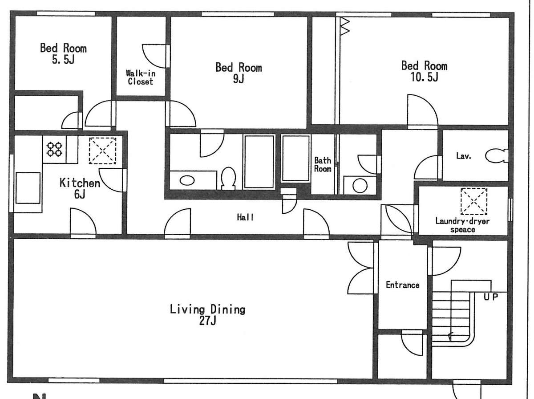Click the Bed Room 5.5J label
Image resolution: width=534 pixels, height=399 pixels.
point(63,53)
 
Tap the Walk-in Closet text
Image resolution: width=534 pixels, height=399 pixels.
point(140,77)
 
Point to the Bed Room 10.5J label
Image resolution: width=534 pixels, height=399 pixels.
point(424,72)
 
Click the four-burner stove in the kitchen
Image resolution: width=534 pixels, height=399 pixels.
point(55,149)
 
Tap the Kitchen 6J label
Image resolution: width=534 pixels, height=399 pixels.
point(80,188)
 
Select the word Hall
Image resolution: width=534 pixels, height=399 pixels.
point(245,217)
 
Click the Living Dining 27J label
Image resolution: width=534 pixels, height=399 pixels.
point(207,314)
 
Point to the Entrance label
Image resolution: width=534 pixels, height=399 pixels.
point(402,285)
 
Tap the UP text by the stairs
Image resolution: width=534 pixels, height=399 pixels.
point(491,297)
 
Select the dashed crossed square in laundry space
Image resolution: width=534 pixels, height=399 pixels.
point(474,201)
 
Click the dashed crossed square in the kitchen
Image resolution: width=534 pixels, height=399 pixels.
point(102,151)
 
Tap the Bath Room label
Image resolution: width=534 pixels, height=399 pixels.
point(323,164)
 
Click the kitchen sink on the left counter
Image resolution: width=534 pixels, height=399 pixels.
point(28,187)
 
